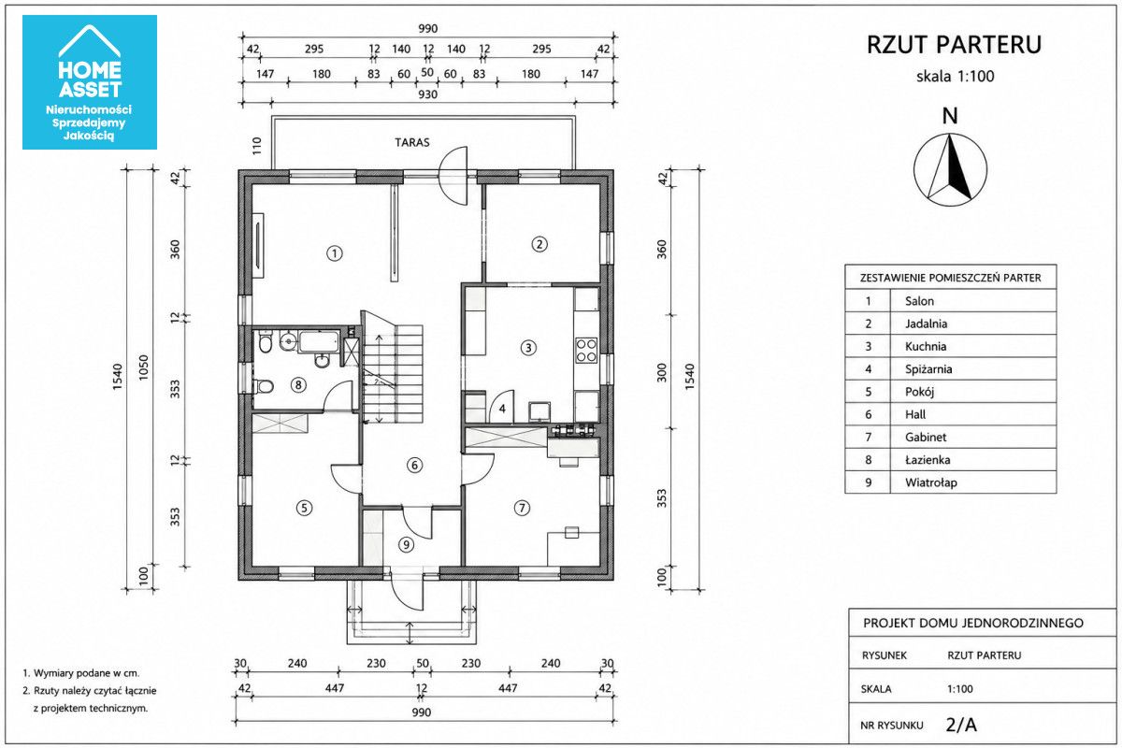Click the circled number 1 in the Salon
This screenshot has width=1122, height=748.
click(x=335, y=253)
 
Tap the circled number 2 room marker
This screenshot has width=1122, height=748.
click(x=539, y=244)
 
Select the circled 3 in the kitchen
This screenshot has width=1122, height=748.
click(x=528, y=348)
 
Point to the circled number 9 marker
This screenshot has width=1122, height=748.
click(x=406, y=544)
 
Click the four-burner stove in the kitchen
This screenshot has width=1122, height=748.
click(x=586, y=351)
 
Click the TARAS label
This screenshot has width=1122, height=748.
click(x=411, y=143)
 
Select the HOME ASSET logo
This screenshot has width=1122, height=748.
click(x=90, y=82)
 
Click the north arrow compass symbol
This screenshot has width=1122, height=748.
click(x=950, y=170)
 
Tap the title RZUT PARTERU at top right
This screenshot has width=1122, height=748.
click(x=955, y=45)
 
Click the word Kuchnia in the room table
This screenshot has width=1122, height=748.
click(x=926, y=347)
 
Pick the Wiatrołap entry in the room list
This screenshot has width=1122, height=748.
click(x=930, y=482)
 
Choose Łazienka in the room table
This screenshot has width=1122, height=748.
click(x=928, y=460)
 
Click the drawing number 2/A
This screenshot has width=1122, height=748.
click(x=961, y=725)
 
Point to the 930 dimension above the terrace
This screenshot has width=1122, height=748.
click(x=427, y=94)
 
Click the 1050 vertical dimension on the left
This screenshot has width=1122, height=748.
click(x=144, y=367)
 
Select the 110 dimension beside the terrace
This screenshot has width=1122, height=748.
click(x=257, y=146)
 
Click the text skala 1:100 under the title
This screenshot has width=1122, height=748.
click(x=956, y=77)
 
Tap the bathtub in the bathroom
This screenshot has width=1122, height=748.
click(x=319, y=341)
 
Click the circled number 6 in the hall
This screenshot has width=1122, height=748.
click(x=414, y=466)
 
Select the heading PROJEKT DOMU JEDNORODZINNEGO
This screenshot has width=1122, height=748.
click(x=973, y=624)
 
